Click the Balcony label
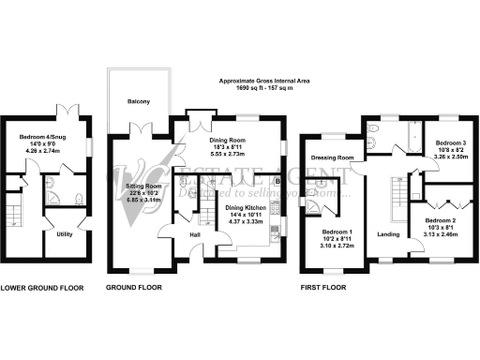pos(139,101)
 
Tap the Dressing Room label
pos(332,158)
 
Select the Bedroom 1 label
pos(338,231)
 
